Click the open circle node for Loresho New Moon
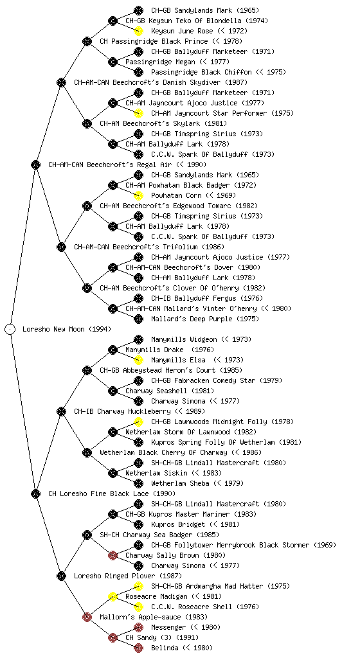[10, 329]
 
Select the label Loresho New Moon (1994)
[67, 329]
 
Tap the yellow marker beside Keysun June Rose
[138, 31]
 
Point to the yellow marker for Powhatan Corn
[138, 195]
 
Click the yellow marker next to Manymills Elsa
[138, 360]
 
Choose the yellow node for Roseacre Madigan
[113, 596]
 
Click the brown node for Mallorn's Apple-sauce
[87, 617]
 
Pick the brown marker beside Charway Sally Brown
[113, 555]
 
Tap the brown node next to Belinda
[138, 648]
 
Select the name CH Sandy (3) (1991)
[162, 637]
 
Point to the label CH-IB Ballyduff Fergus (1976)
[207, 298]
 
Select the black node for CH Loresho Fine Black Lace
[35, 493]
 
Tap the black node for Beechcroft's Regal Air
[35, 164]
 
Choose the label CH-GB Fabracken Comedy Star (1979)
[217, 380]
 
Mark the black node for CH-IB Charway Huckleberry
[61, 411]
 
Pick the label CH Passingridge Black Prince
[154, 41]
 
